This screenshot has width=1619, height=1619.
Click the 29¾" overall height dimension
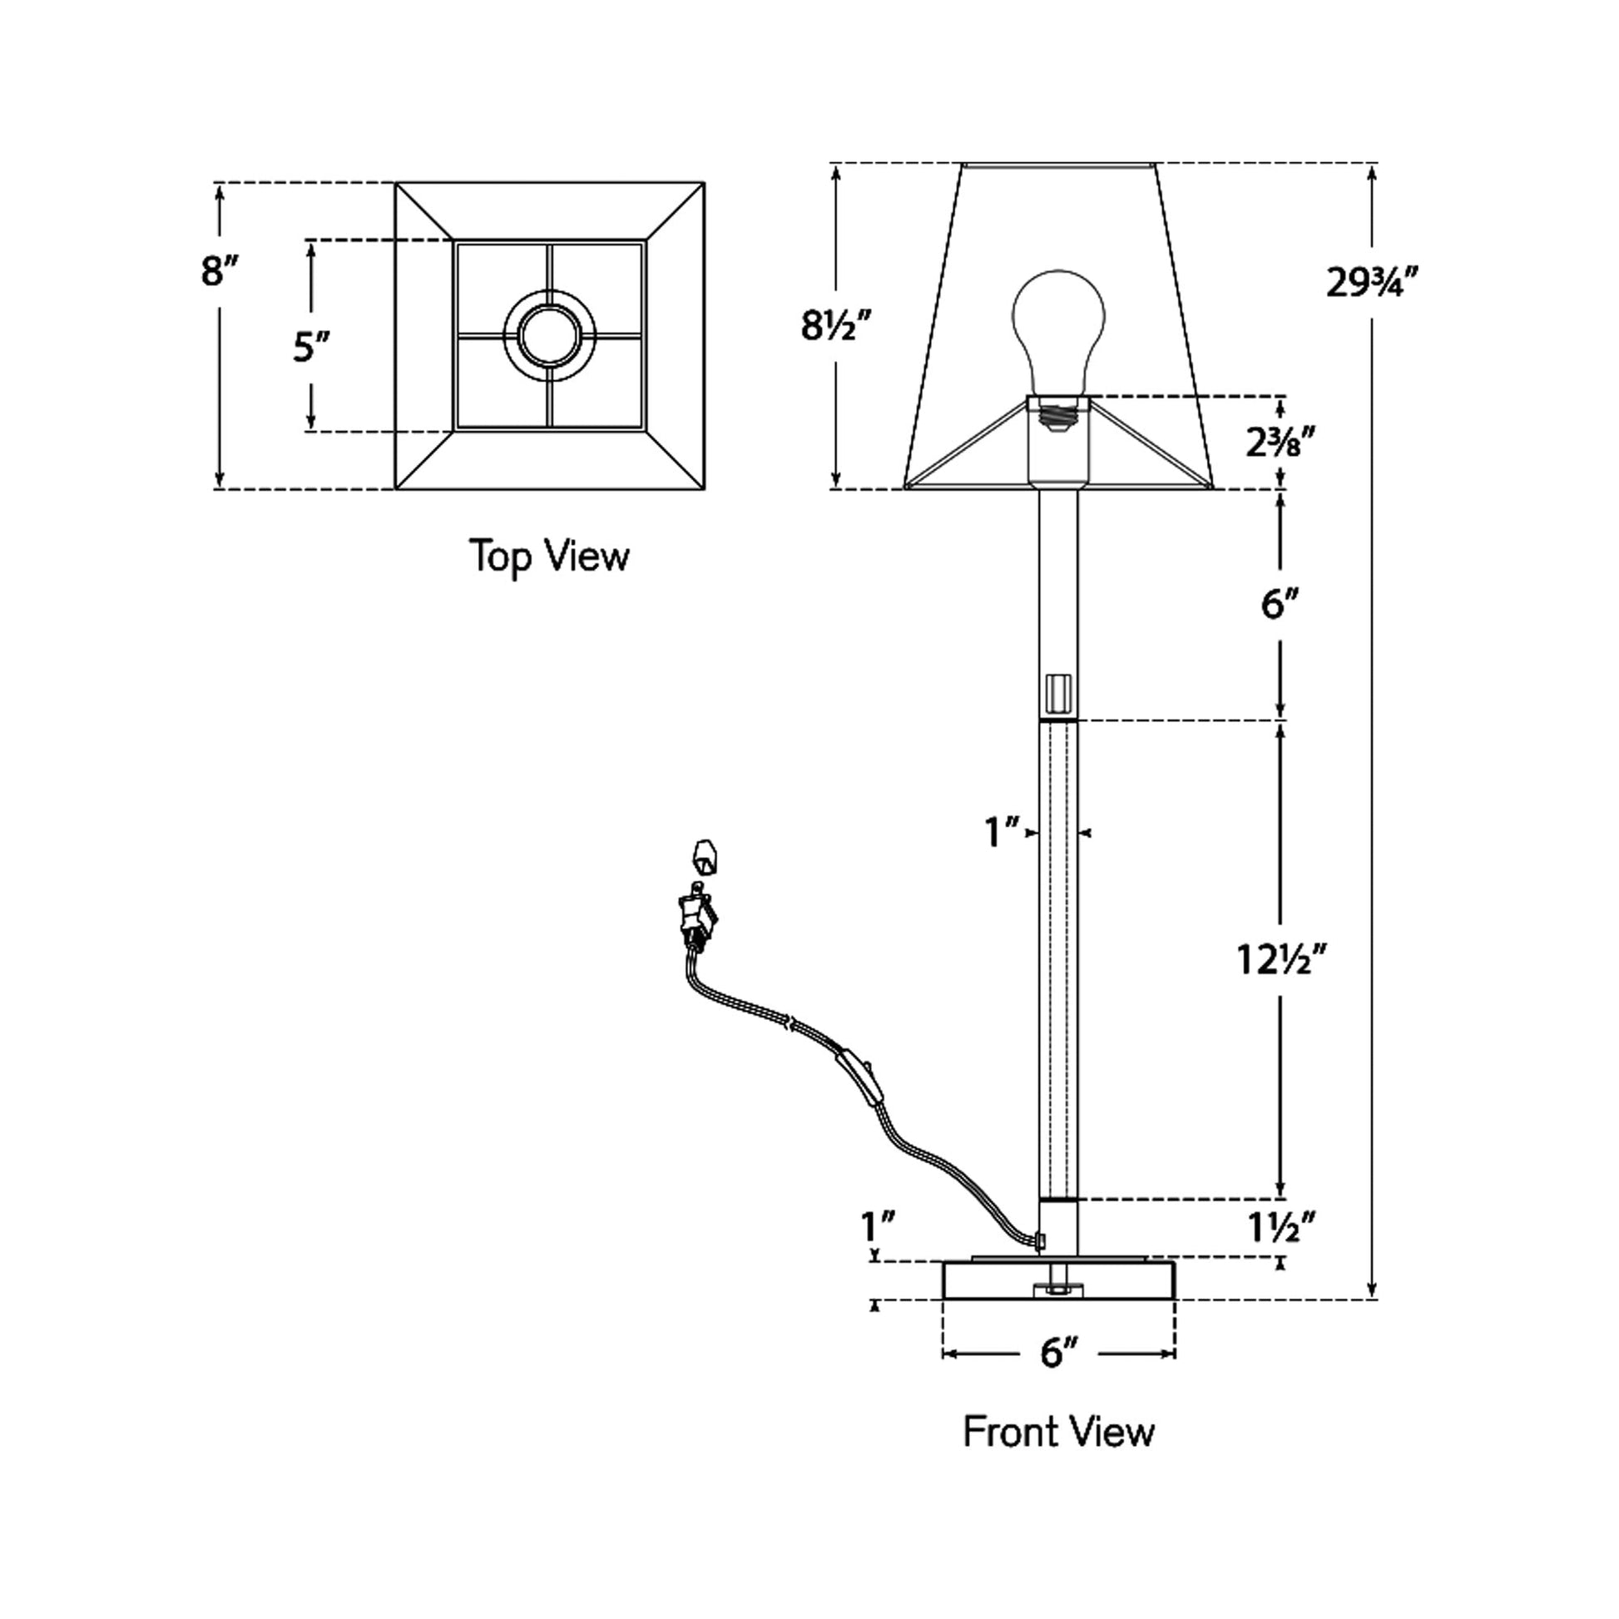1371,282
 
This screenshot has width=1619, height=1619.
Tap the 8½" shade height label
836,325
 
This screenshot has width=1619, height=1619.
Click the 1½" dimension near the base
1280,1229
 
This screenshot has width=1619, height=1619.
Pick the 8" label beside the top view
219,271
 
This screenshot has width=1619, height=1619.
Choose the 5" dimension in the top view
310,346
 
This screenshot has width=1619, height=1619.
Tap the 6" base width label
1058,1353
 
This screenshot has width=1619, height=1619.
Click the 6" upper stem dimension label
1279,603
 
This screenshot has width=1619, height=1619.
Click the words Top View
549,556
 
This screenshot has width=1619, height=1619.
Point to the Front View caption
1058,1431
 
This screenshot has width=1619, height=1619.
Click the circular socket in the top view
550,337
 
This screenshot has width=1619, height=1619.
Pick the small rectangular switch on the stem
1059,691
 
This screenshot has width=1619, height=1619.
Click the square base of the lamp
1058,1280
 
